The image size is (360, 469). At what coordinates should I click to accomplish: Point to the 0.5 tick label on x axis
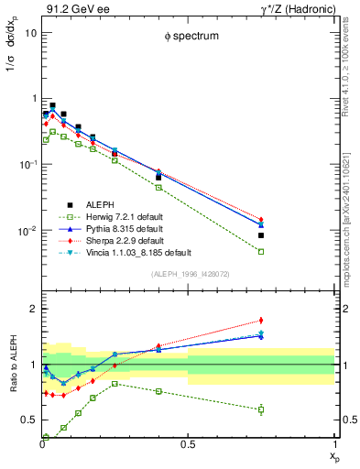(188, 445)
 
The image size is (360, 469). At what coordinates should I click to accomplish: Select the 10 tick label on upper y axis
(30, 32)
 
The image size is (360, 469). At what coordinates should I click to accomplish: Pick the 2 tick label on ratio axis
(33, 309)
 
